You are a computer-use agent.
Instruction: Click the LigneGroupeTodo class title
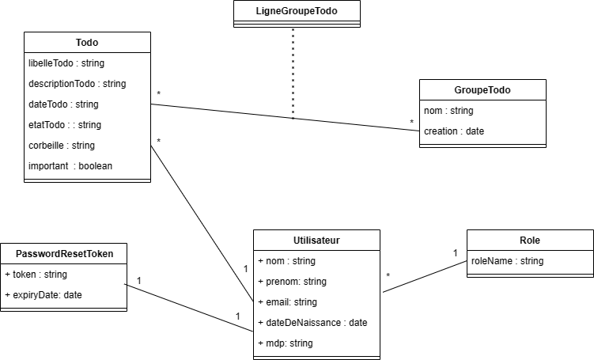tap(297, 11)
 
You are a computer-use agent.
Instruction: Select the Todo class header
tap(87, 42)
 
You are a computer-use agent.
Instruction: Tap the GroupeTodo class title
tap(482, 90)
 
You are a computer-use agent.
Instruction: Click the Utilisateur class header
tap(316, 240)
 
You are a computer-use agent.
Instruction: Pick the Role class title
tap(530, 240)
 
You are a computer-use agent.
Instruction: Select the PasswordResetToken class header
tap(63, 254)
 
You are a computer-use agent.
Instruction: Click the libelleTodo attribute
tap(66, 63)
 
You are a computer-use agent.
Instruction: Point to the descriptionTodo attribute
tap(77, 83)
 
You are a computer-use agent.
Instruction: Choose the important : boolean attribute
tap(70, 165)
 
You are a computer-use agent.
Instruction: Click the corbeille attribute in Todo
tap(62, 145)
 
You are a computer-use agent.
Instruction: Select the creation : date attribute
tap(454, 131)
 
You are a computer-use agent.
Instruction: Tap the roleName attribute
tap(507, 260)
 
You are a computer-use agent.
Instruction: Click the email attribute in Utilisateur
tap(287, 301)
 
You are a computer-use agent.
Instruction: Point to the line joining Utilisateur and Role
tap(425, 276)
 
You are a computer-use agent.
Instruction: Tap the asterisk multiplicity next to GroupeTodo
tap(411, 122)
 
